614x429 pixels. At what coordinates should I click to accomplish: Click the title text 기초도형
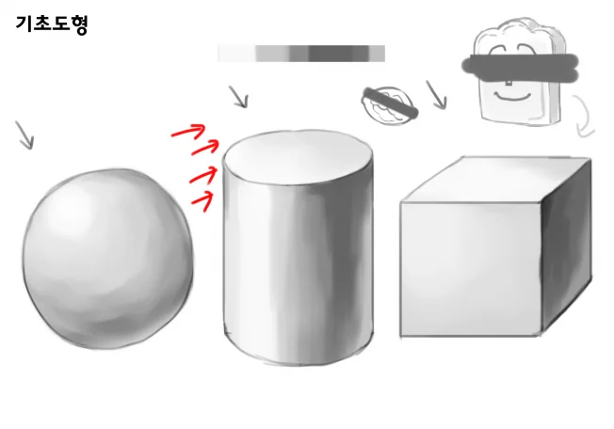52,24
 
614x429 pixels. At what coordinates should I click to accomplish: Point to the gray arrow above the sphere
24,135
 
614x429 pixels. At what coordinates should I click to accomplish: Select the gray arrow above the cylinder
238,97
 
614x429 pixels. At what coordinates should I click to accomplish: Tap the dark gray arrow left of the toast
436,95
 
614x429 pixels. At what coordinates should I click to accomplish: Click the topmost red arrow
188,131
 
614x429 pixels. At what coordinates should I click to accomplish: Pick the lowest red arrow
202,201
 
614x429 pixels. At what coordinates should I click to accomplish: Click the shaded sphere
107,259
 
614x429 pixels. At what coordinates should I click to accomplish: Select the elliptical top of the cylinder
298,157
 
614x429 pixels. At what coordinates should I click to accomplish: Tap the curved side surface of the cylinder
298,274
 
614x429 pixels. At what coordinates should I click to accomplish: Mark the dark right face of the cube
566,246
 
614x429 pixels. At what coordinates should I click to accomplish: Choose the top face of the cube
495,180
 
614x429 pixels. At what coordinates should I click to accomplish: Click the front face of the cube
471,269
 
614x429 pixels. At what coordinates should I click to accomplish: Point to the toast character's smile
511,96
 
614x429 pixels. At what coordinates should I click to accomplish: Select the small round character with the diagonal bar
389,105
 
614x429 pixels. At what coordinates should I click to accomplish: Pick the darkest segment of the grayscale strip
330,54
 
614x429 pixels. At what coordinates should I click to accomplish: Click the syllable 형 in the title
79,24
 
